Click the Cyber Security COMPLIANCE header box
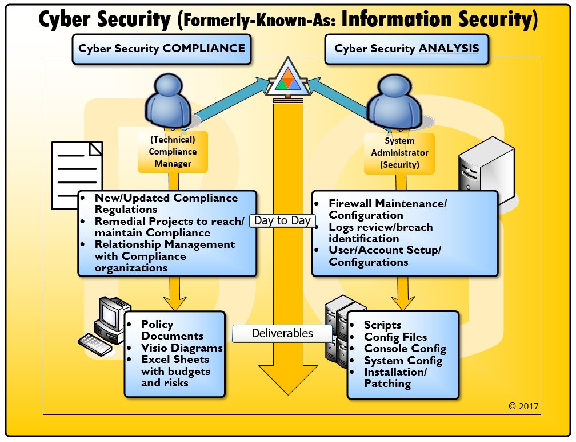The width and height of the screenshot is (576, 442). click(162, 49)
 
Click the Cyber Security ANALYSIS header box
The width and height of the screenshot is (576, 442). click(407, 49)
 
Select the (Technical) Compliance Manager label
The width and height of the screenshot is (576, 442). click(173, 152)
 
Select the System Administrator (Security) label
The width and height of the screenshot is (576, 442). click(399, 152)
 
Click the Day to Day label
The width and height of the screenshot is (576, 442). click(282, 220)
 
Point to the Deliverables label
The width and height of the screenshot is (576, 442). click(282, 333)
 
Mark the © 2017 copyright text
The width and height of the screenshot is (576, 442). click(523, 406)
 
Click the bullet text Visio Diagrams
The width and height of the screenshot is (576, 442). click(182, 348)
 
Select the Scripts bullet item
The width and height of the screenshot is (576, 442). click(382, 325)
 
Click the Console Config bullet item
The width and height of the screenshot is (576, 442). click(405, 348)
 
